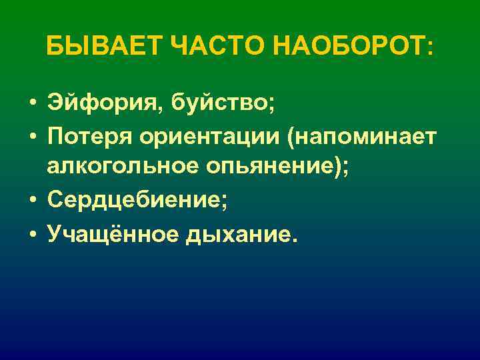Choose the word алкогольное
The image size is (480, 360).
(x=119, y=167)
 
